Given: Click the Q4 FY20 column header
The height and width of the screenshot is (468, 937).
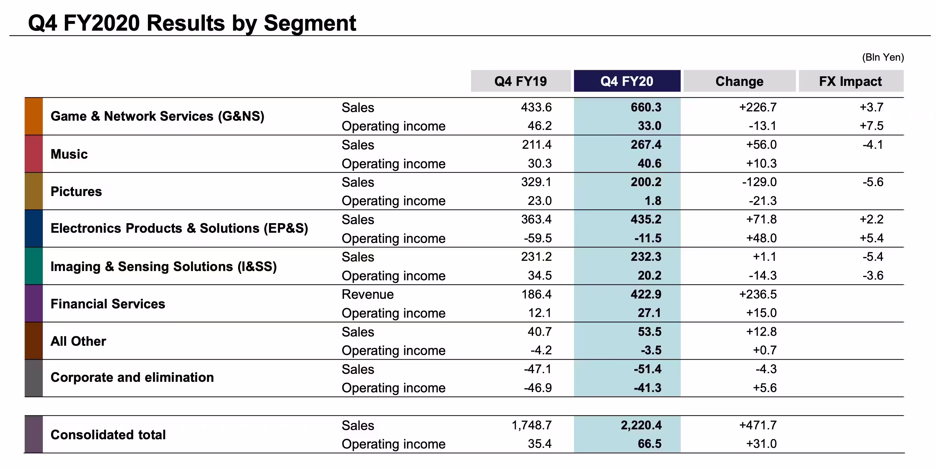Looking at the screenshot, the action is coord(627,81).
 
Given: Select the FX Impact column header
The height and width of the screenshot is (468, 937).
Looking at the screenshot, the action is coord(851,81).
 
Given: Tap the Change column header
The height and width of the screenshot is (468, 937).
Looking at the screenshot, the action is coord(740,81).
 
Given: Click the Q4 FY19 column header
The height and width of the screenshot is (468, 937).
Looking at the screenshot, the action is coord(521,81).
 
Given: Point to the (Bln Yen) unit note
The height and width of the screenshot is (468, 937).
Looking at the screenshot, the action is coord(883,57).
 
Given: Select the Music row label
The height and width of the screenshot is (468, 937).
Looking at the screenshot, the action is coord(69,154).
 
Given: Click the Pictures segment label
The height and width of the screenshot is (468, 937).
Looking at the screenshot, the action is coord(76,192).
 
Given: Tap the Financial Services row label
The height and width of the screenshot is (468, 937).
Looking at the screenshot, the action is coord(108,304).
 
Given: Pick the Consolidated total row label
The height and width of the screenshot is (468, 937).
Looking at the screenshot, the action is coord(108,434).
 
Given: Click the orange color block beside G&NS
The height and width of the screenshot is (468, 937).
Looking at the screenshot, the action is coord(34,116).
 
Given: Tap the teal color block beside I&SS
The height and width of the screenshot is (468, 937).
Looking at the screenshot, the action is coord(34,266).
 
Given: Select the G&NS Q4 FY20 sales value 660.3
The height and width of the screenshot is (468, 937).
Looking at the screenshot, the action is coord(646,107).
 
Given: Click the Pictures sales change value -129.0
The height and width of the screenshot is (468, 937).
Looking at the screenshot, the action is coord(760,182).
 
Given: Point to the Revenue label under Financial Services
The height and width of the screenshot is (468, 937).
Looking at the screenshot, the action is coord(368,294).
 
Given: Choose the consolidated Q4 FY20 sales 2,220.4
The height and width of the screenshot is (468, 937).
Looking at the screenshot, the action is coord(641,425).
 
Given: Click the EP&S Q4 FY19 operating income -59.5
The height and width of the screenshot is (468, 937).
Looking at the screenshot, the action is coord(538,238).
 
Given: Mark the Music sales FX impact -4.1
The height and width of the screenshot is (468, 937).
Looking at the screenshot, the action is coord(873,145).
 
